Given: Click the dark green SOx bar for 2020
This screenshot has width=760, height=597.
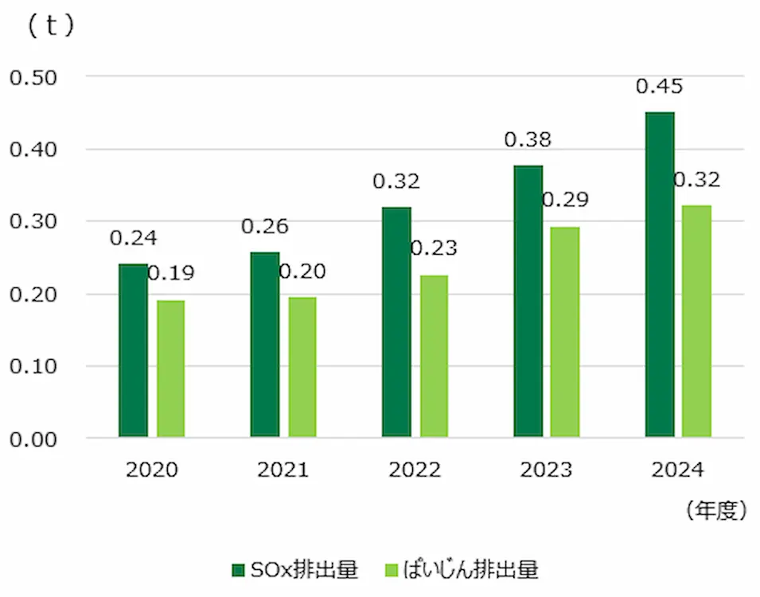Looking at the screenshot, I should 133,350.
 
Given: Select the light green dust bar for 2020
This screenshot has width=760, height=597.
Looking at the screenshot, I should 170,369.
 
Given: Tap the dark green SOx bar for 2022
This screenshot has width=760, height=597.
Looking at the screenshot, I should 396,322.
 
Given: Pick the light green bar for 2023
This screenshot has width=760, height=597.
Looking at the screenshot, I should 565,332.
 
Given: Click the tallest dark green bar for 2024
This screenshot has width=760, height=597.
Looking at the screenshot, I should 660,275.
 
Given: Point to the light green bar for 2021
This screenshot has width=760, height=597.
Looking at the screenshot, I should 302,367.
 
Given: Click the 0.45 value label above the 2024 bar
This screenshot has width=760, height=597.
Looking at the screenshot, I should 659,86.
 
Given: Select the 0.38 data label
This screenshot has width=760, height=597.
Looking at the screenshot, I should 528,140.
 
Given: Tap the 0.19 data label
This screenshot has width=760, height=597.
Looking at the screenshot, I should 170,274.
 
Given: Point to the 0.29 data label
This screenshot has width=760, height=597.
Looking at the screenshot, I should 565,200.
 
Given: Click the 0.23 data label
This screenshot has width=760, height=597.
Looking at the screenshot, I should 434,248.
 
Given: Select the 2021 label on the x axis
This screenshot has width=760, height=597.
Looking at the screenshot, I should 283,470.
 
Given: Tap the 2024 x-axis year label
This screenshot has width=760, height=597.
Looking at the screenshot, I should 677,470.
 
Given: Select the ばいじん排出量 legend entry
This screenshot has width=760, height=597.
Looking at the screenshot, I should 462,570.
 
